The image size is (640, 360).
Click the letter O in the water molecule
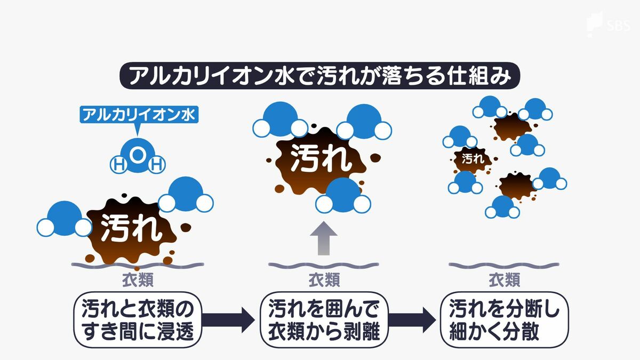(x=137, y=155)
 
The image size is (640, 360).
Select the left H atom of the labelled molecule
(x=117, y=165)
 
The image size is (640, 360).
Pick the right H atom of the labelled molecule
(x=156, y=165)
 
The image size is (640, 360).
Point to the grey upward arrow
(x=323, y=238)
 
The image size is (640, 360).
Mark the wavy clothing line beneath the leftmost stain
(x=137, y=265)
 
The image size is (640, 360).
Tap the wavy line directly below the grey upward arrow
(x=323, y=265)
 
